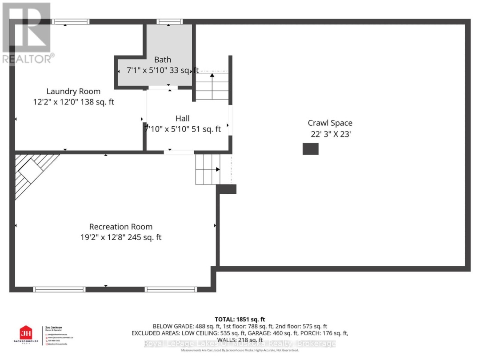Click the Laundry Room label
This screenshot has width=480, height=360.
pos(73,92)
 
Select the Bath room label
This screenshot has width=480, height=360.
pos(162,60)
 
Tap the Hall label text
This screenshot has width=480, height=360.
pos(182,118)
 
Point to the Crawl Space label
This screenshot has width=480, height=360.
pos(330,123)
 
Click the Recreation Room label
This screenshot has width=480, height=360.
pos(120,227)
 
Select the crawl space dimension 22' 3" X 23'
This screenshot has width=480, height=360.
pos(331,135)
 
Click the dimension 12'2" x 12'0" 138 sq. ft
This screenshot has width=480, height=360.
pos(73,102)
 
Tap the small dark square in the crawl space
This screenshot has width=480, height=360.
pos(310,149)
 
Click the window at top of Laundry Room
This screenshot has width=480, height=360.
pos(70,21)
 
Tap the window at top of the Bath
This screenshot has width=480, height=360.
pos(170,21)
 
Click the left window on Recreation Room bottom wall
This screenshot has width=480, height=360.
pos(60,289)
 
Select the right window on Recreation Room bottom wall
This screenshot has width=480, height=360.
pos(171,289)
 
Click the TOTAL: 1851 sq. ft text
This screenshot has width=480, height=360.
pos(240,319)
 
